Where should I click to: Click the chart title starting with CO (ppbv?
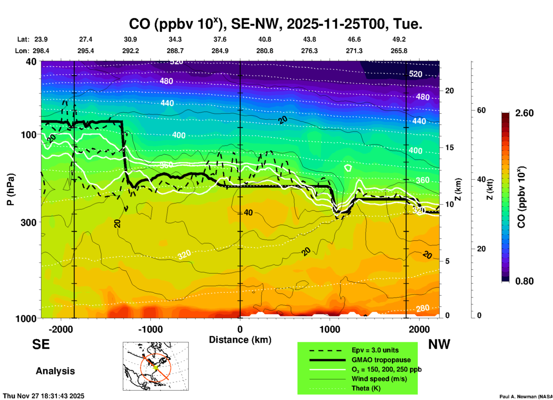tap(275, 24)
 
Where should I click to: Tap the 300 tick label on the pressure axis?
tap(28, 222)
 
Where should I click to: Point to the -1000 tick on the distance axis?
tap(150, 329)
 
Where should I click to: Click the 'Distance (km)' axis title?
tap(240, 340)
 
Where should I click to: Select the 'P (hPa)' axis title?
tap(10, 189)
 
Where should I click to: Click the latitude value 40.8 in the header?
tap(264, 39)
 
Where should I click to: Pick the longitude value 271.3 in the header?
tap(354, 51)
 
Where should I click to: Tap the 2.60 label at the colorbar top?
tap(524, 113)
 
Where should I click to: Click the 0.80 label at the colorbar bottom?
tap(524, 281)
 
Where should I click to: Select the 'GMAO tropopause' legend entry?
tap(381, 360)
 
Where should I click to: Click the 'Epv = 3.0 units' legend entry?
tap(375, 350)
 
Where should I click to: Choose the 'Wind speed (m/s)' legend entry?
tap(379, 379)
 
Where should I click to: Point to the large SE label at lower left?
tap(41, 344)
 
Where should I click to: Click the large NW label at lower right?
tap(439, 344)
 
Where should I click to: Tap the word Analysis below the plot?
tap(55, 371)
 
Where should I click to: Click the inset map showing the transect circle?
tap(156, 366)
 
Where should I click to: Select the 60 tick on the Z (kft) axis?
tap(481, 110)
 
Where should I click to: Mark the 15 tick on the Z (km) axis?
tap(449, 147)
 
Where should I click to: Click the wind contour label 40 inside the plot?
tap(248, 213)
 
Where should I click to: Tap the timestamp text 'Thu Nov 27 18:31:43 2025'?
tap(44, 396)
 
